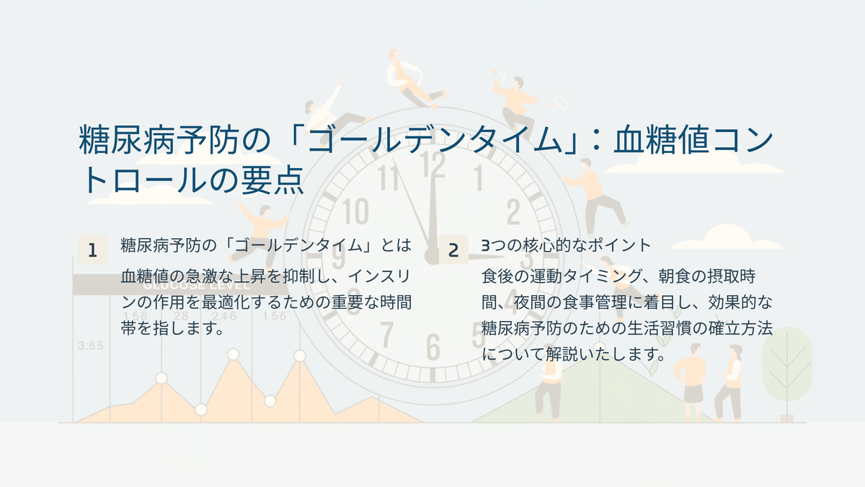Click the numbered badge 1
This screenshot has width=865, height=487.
tap(93, 250)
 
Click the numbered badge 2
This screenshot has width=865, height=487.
tap(453, 250)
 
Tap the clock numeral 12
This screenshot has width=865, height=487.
tap(432, 164)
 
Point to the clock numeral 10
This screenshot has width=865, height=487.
tap(355, 211)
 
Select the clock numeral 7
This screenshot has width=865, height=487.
tap(386, 334)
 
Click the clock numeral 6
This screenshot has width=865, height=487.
tap(433, 347)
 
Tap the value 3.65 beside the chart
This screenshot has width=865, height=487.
tap(91, 346)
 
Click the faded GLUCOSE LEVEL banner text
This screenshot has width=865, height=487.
tap(196, 286)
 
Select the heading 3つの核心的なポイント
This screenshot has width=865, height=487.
tap(567, 245)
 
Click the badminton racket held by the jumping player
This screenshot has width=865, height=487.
tap(560, 102)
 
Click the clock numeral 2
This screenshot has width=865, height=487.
tap(513, 211)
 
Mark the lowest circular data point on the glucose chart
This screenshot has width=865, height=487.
tap(201, 410)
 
